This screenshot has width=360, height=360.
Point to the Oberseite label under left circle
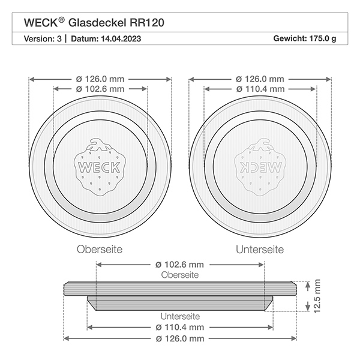tap(100, 248)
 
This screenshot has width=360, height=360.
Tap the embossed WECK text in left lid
tap(100, 166)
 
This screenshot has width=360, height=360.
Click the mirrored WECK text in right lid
tap(259, 166)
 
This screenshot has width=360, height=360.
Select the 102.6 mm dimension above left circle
tap(100, 89)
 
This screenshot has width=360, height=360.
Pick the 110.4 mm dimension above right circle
tap(260, 89)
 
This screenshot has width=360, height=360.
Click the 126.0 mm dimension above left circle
tap(100, 79)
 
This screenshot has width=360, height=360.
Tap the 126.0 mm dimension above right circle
tap(260, 79)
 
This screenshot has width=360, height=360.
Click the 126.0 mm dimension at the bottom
tap(180, 338)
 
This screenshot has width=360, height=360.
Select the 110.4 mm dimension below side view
tap(180, 328)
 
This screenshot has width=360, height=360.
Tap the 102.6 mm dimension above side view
tap(180, 264)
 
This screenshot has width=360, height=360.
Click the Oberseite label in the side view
tap(180, 274)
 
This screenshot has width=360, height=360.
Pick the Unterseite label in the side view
tap(180, 316)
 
